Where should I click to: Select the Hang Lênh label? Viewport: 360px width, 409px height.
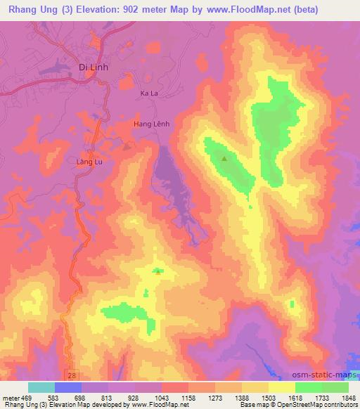151,124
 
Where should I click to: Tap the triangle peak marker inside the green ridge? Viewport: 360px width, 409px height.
224,158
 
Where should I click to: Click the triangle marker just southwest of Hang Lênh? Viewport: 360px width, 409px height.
127,147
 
